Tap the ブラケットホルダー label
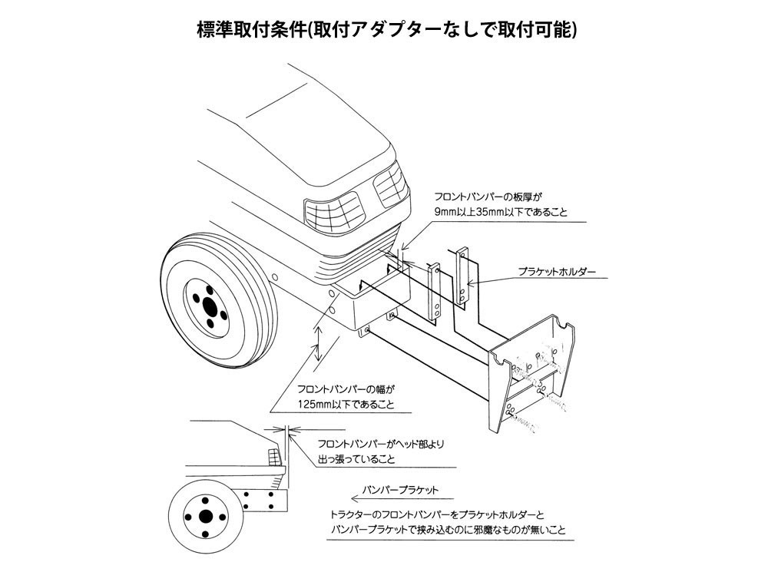tap(557, 272)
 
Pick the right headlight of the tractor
tap(390, 185)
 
